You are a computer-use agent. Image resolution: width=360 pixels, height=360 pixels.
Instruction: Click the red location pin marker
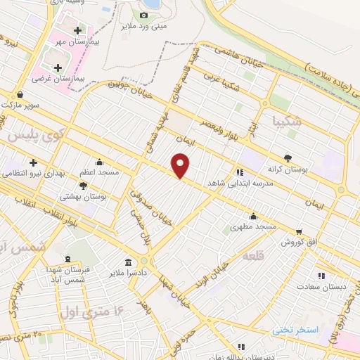point(181,165)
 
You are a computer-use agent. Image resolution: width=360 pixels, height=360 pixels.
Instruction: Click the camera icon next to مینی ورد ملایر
point(143,15)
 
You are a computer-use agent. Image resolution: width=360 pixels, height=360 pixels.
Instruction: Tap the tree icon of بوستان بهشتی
point(84,186)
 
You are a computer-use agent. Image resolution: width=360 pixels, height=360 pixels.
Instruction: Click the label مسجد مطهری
point(255,227)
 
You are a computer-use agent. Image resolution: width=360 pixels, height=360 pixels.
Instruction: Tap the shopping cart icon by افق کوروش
point(300,231)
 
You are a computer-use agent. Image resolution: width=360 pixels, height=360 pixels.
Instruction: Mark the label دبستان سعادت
point(320,286)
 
